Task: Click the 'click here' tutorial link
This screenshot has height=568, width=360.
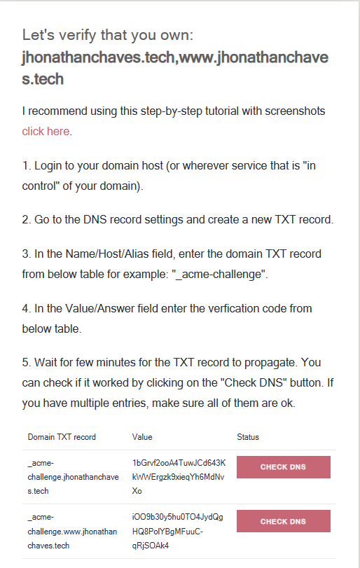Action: click(x=46, y=131)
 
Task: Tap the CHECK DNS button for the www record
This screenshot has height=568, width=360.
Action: click(x=283, y=521)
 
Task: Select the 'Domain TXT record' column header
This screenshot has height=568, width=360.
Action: click(x=62, y=437)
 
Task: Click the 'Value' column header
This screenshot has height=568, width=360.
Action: click(x=142, y=437)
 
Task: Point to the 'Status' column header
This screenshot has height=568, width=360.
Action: click(x=248, y=437)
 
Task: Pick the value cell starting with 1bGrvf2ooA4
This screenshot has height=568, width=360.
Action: click(x=179, y=477)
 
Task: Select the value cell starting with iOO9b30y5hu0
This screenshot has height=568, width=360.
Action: click(x=177, y=531)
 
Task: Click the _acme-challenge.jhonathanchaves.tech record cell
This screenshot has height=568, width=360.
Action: click(x=73, y=477)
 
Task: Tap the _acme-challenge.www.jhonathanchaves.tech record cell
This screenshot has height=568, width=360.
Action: click(x=72, y=531)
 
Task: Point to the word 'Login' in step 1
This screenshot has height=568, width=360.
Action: click(x=48, y=166)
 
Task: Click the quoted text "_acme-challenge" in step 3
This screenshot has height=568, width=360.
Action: click(x=219, y=275)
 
